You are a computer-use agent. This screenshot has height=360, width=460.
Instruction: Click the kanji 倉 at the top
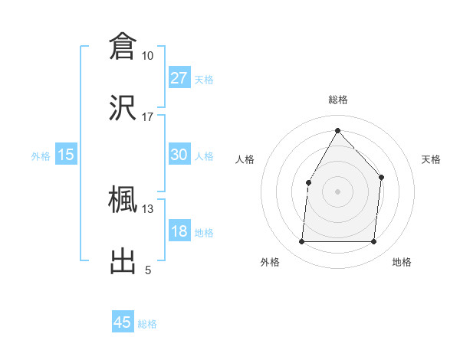point(123,46)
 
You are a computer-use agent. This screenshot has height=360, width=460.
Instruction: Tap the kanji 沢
point(123,107)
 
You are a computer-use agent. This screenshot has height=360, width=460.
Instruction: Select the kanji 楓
point(123,200)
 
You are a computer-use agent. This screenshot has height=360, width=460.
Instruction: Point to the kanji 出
point(123,261)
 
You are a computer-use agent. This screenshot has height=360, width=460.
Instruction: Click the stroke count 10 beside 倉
point(147,56)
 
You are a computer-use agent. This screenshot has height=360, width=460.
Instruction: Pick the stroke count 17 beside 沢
point(147,117)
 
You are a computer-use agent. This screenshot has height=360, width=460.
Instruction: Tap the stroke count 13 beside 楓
point(147,209)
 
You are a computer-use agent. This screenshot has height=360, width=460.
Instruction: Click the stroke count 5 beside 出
point(148,270)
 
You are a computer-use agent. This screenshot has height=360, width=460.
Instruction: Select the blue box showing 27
point(179,77)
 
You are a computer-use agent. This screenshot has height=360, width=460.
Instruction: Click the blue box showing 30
point(179,155)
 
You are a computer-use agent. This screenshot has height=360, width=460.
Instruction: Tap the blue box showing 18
point(179,231)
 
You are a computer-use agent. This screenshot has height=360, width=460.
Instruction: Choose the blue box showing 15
point(66,155)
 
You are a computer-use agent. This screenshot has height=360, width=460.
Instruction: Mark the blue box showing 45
point(123,322)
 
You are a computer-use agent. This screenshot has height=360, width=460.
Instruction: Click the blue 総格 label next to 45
point(147,324)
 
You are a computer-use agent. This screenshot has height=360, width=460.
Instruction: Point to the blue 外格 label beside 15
point(41,156)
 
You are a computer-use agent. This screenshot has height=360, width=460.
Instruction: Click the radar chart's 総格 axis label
point(337,100)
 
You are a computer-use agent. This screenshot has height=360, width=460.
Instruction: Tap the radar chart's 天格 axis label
point(431,159)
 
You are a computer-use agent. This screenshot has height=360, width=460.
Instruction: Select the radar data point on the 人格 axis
point(309,182)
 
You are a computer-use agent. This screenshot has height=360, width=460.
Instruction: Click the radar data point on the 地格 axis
point(373,242)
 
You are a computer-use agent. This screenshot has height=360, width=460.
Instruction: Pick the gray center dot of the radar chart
point(337,191)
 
